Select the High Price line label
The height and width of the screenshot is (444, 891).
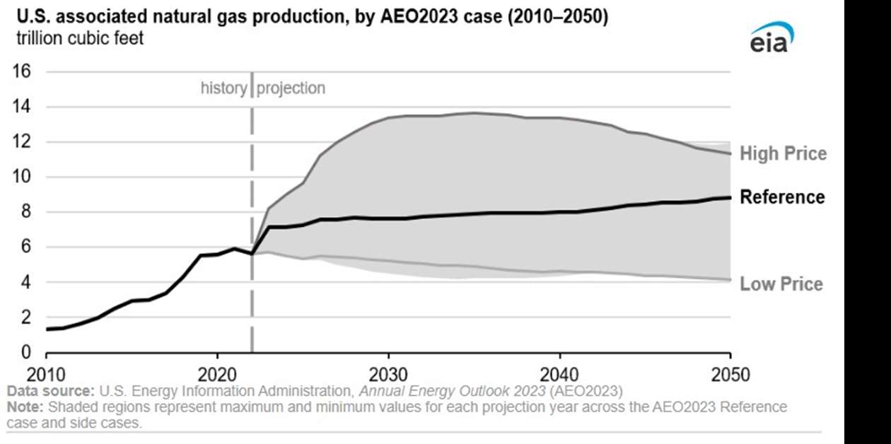coord(783,153)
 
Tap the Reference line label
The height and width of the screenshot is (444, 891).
coord(782,197)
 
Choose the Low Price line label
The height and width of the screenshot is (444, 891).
coord(781,284)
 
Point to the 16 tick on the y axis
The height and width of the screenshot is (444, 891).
coord(21,71)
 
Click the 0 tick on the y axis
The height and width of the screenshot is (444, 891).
coord(25,352)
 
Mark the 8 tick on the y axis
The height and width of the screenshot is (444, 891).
coord(25,212)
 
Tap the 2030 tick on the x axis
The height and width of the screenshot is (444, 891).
coord(388,374)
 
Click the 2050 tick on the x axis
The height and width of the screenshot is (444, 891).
coord(730,374)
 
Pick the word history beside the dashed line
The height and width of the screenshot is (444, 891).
coord(223,88)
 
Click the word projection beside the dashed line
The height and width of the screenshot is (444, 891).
coord(291,88)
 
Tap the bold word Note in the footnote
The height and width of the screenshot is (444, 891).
coord(23,408)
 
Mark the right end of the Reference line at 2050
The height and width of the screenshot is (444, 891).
coord(729,197)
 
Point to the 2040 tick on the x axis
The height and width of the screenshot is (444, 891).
coord(559,374)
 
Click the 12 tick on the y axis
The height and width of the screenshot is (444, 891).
coord(21,142)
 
